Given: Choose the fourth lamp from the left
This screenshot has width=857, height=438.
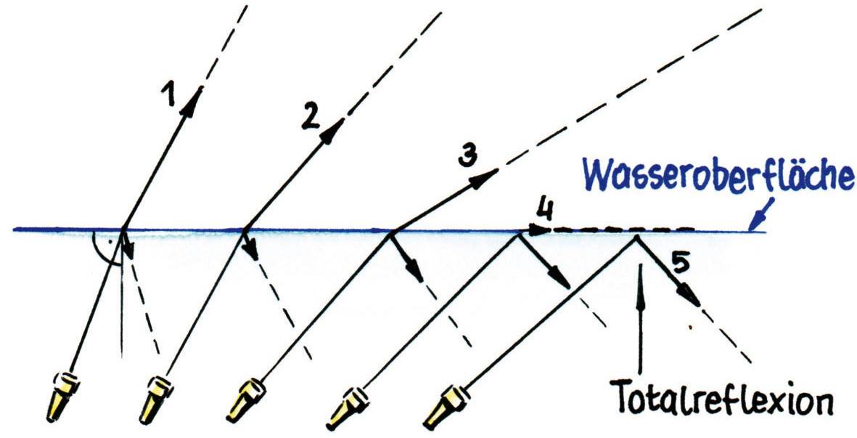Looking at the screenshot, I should coord(347,407).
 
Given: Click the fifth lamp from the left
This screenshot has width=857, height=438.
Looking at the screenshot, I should coord(444,407).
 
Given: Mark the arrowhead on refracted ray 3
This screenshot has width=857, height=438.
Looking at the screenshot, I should coord(487,177).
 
